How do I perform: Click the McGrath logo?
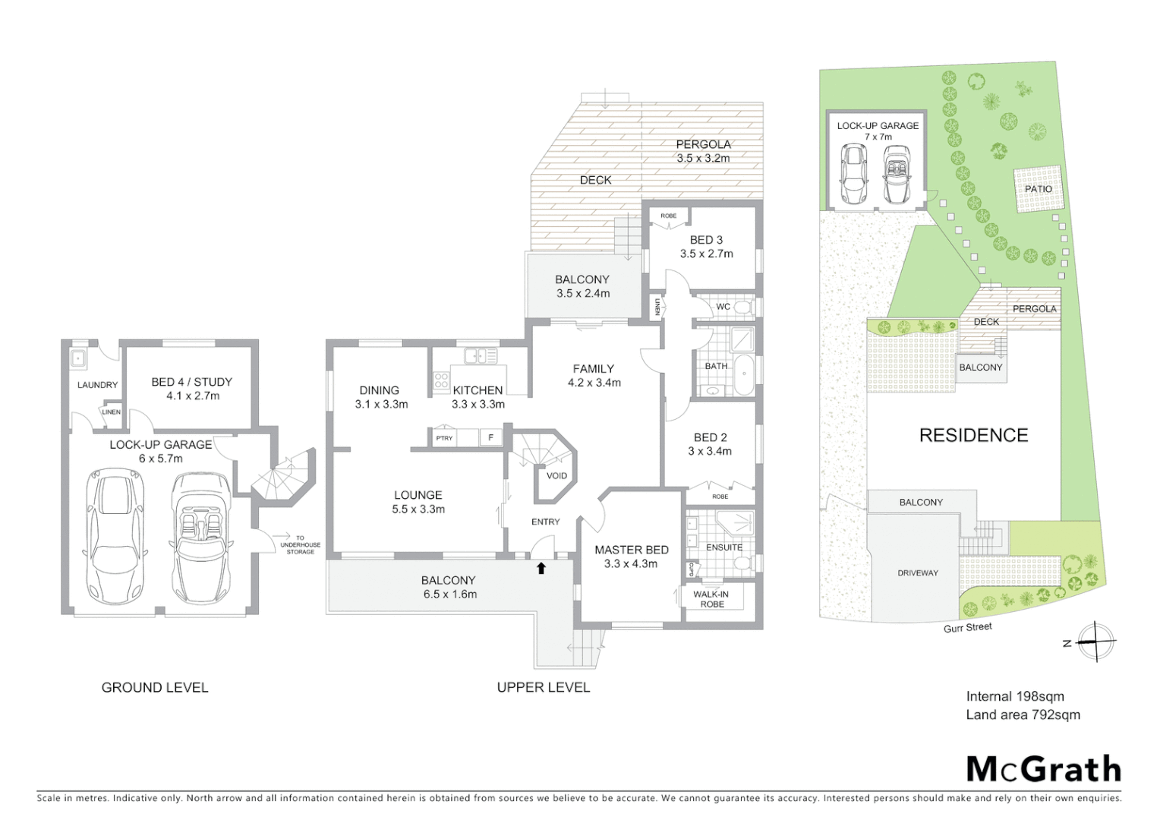[1043, 769]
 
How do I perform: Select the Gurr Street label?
[967, 627]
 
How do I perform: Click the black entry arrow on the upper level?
[541, 567]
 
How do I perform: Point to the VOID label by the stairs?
[556, 476]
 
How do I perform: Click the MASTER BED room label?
[631, 550]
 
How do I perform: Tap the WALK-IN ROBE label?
[711, 599]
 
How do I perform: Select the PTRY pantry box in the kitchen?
[444, 438]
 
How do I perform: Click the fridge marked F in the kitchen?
[490, 438]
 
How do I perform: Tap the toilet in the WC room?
[744, 307]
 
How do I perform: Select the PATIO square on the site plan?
[1038, 189]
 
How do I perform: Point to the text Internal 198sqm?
[1014, 696]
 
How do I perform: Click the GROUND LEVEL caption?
[155, 688]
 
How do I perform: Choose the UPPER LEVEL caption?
[543, 688]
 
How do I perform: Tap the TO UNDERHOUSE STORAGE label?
[300, 544]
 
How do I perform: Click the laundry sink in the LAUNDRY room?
[77, 358]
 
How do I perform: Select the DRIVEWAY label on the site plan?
[917, 573]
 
